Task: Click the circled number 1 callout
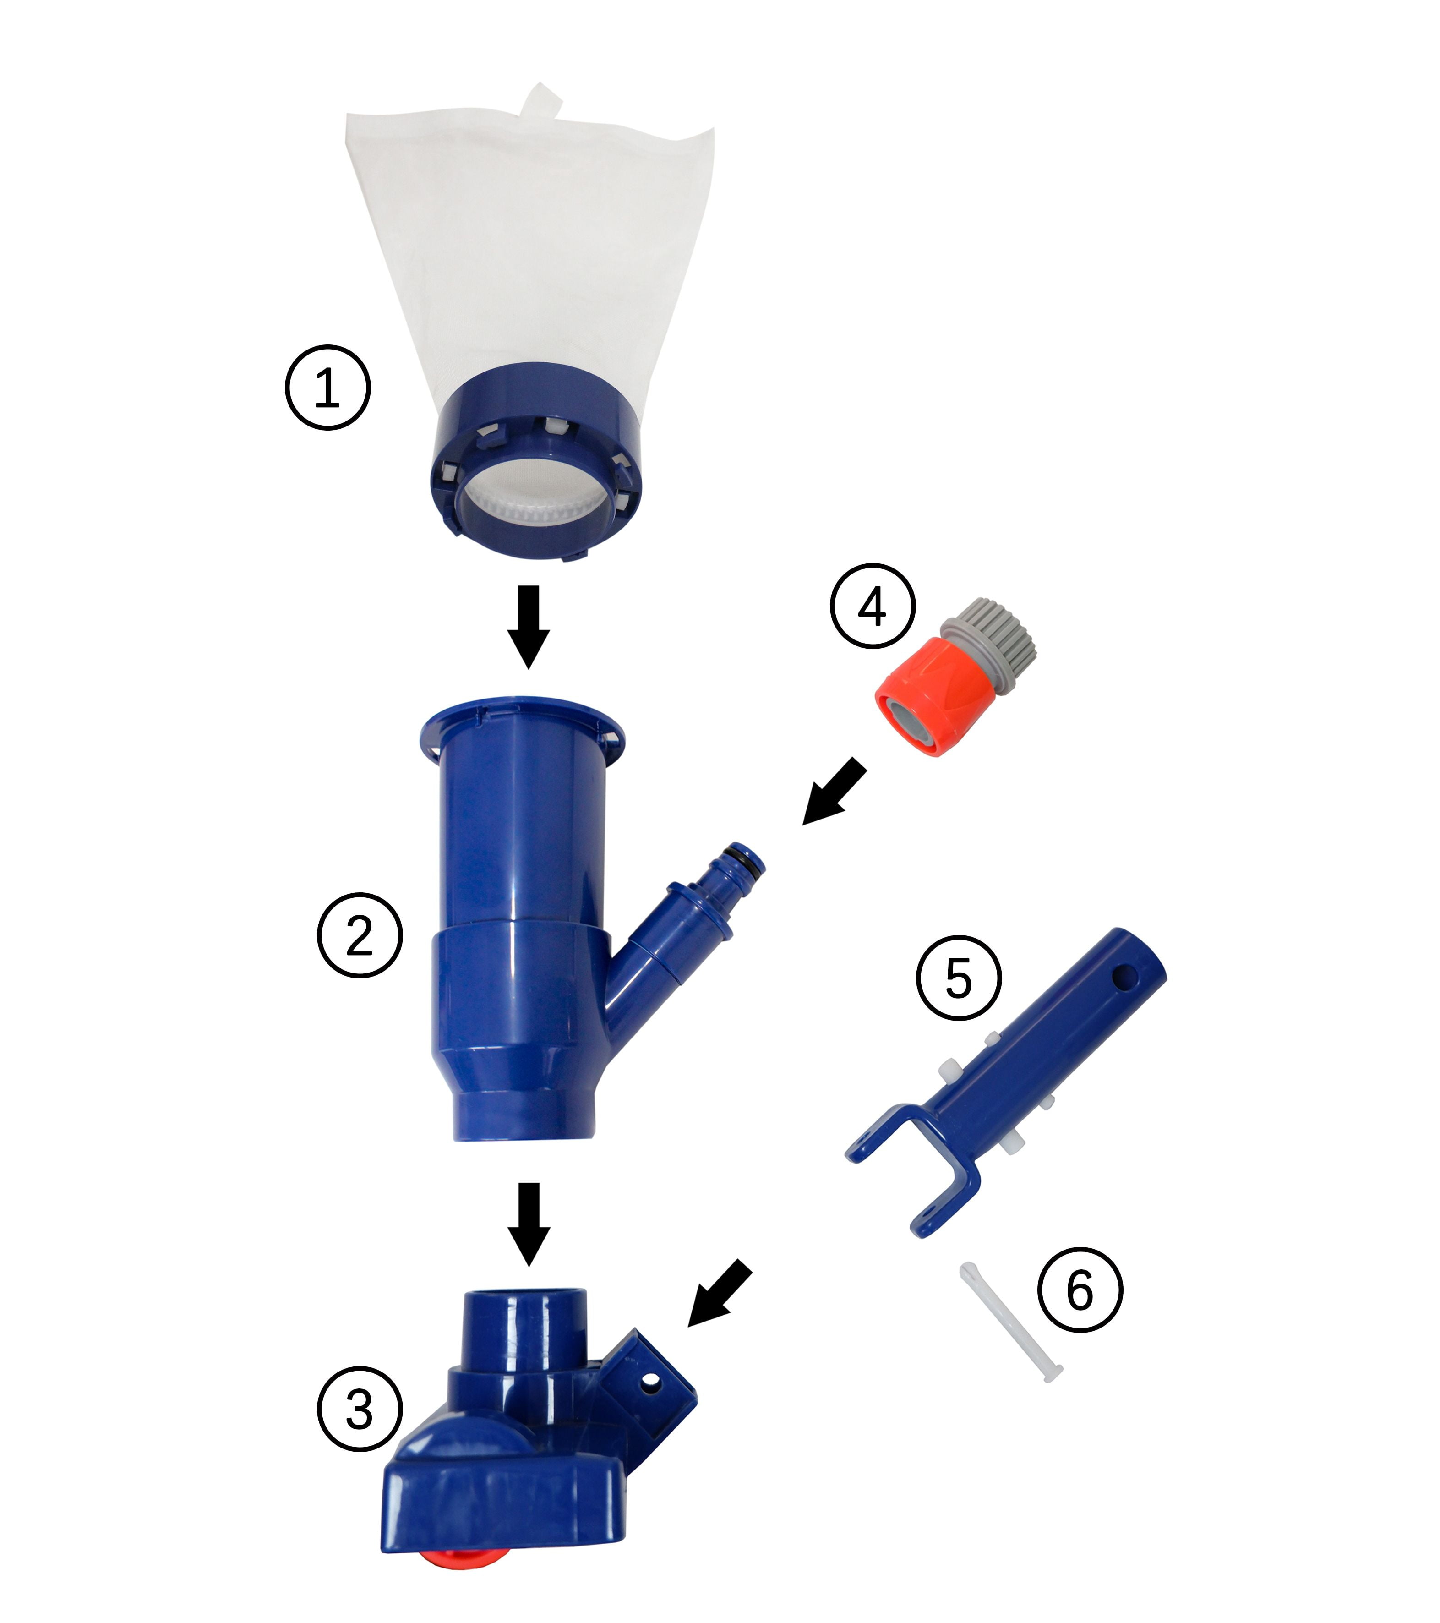328,388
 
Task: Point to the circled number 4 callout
873,607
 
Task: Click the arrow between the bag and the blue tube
528,627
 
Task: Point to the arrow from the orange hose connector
834,792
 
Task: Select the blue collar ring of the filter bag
534,460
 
